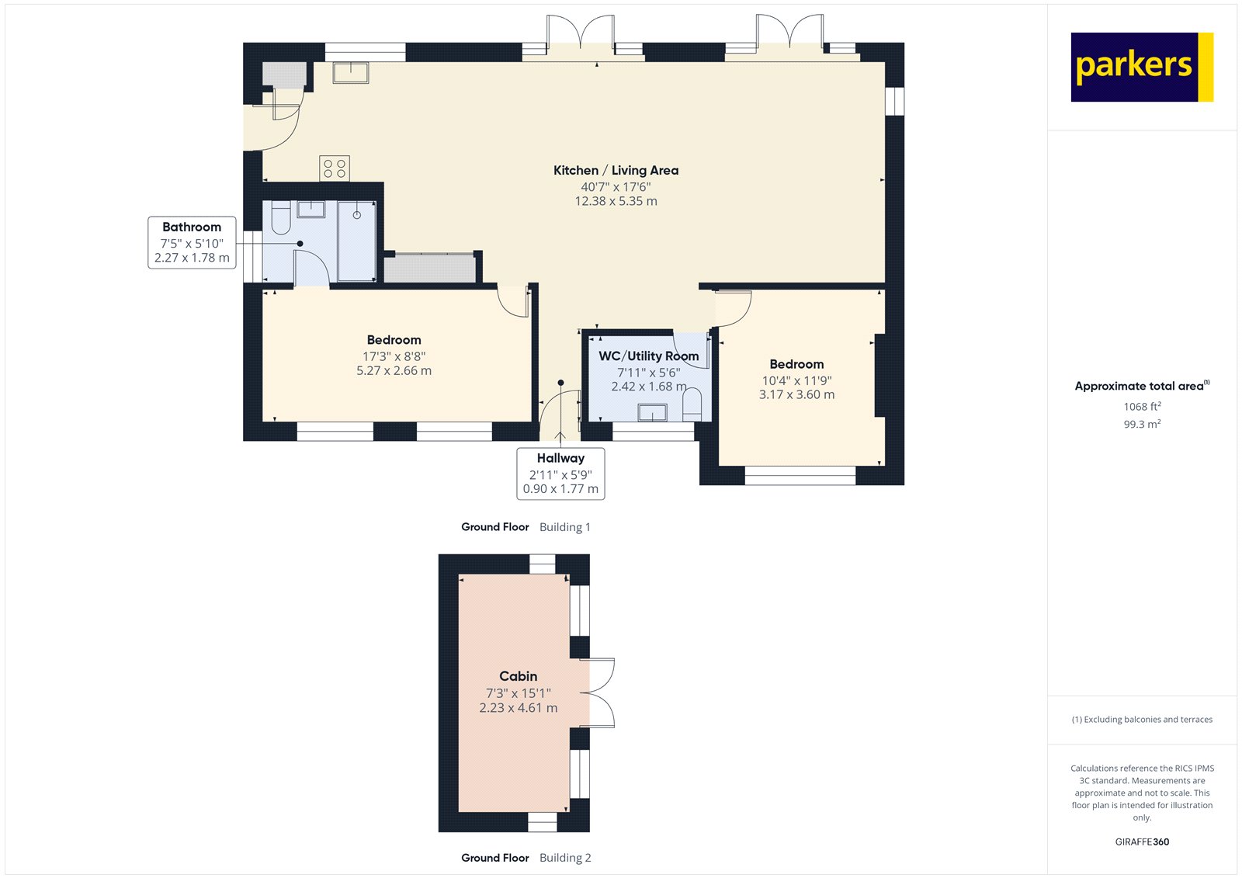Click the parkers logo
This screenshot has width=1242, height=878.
pyautogui.click(x=1141, y=67)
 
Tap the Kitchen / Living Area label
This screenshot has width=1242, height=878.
pyautogui.click(x=616, y=170)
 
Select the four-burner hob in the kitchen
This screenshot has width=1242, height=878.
pyautogui.click(x=335, y=168)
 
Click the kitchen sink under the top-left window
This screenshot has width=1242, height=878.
pyautogui.click(x=351, y=73)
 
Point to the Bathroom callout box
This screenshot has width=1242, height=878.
pyautogui.click(x=192, y=243)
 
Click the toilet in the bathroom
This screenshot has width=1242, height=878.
pyautogui.click(x=280, y=219)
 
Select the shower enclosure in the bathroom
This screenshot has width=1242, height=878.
pyautogui.click(x=356, y=241)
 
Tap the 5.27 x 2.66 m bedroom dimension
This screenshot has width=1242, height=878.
pyautogui.click(x=394, y=371)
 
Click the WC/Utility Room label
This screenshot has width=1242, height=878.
pyautogui.click(x=648, y=356)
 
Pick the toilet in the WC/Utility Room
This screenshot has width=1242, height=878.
pyautogui.click(x=692, y=405)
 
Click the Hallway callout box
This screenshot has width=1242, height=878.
pyautogui.click(x=560, y=473)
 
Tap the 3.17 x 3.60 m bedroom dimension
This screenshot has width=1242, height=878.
pyautogui.click(x=796, y=394)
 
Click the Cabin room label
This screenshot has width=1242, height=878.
pyautogui.click(x=518, y=676)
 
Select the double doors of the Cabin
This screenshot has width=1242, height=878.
pyautogui.click(x=598, y=693)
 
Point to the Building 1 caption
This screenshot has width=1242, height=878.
pyautogui.click(x=565, y=527)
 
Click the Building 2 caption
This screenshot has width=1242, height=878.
pyautogui.click(x=565, y=858)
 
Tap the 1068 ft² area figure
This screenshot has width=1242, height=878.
pyautogui.click(x=1142, y=407)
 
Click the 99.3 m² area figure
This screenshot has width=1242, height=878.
pyautogui.click(x=1142, y=425)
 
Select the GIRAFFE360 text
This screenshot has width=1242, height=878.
pyautogui.click(x=1142, y=842)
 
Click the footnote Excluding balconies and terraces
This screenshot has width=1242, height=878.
pyautogui.click(x=1142, y=720)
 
